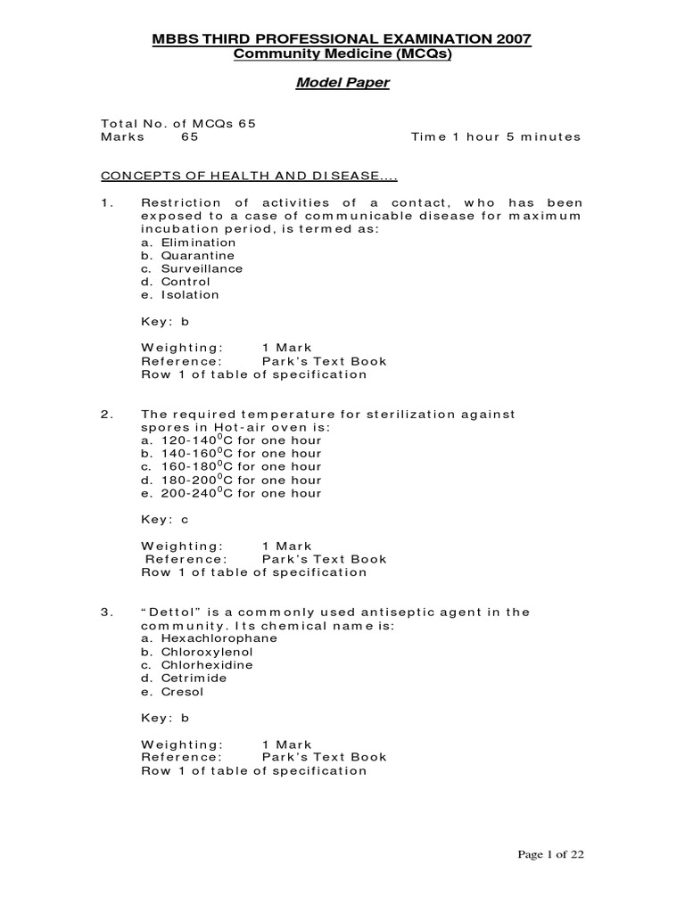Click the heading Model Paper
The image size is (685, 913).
[x=342, y=84]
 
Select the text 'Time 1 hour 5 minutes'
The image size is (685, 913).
[x=495, y=137]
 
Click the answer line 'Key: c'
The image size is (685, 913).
[x=165, y=520]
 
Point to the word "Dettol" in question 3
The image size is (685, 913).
[x=173, y=612]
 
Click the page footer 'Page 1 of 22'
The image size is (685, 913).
[x=551, y=854]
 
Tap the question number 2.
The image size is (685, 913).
[x=106, y=414]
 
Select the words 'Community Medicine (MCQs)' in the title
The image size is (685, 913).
[x=342, y=54]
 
